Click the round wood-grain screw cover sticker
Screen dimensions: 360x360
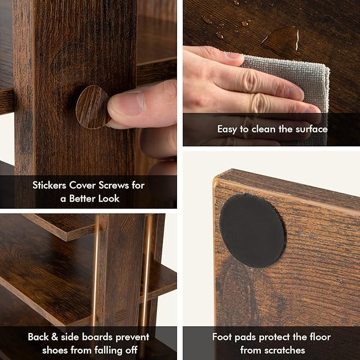(93, 107)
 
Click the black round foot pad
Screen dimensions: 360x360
(252, 230)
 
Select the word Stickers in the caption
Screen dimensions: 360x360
(49, 185)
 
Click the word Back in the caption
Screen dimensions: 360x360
(38, 337)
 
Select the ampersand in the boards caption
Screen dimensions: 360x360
(55, 337)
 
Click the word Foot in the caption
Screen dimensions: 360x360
(222, 337)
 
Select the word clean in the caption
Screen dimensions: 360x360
(265, 129)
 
